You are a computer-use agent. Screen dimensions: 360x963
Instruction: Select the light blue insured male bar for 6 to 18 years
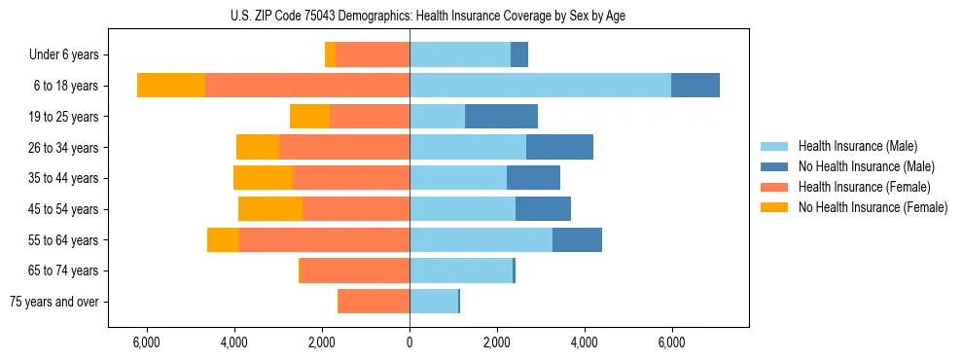pos(540,86)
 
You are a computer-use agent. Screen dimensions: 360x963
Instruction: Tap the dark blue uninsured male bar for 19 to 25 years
pos(501,117)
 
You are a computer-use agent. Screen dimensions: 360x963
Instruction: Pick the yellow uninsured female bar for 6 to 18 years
pos(171,86)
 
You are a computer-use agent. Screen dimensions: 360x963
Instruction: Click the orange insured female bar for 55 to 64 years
pos(324,240)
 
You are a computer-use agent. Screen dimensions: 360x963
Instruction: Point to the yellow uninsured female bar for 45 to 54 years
pos(270,209)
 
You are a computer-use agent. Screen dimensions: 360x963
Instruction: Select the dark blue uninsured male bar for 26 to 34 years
pos(559,148)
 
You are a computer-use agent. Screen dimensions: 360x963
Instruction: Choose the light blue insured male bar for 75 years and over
pos(433,302)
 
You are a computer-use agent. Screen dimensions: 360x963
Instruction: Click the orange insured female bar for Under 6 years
pos(373,55)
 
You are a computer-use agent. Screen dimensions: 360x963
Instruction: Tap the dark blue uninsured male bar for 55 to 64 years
pos(577,240)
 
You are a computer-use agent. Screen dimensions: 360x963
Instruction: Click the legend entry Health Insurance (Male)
pos(857,146)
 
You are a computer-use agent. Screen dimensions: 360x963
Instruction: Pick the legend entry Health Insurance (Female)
pos(864,187)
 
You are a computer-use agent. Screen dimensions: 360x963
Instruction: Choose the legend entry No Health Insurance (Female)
pos(872,207)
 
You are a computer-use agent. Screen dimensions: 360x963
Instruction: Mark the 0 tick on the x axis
pos(410,343)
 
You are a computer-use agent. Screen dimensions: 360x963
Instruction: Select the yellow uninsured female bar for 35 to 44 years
pos(263,178)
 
